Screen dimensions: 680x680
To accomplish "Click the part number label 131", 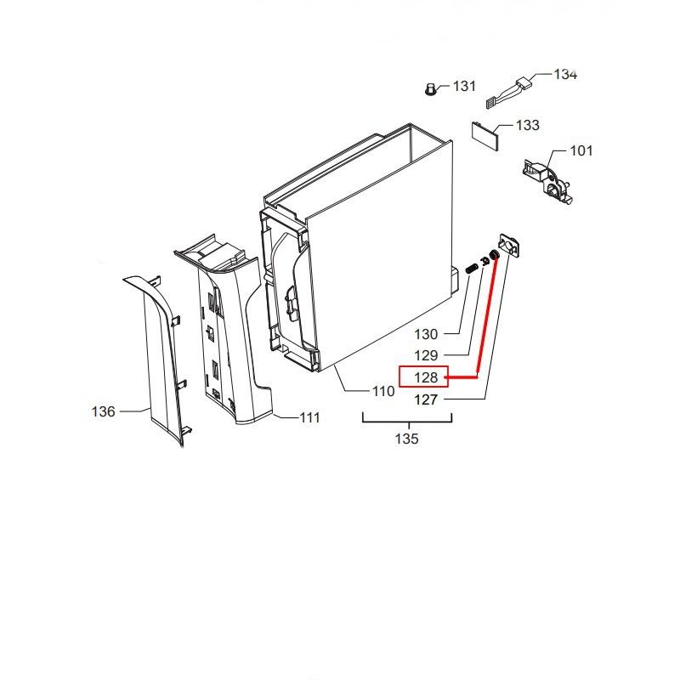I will [x=464, y=87].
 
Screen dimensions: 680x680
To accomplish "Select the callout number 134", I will [x=565, y=74].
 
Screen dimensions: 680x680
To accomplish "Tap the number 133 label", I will [x=527, y=126].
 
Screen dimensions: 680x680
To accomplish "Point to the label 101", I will [x=581, y=151].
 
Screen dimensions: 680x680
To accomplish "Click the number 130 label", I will [x=426, y=334].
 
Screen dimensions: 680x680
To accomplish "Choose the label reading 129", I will [x=426, y=355].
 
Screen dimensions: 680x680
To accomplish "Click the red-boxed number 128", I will [x=425, y=377].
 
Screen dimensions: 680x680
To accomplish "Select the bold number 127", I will [x=426, y=399].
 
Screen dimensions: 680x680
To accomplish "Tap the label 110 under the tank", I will [x=382, y=392].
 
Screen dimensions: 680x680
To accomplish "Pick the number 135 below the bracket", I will [x=406, y=439].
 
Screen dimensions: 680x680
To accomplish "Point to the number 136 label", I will [x=103, y=411].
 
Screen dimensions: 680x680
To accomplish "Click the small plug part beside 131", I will [x=432, y=88].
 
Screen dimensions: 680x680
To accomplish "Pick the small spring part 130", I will [x=470, y=269].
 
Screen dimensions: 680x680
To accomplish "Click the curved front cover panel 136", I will [x=161, y=357].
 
